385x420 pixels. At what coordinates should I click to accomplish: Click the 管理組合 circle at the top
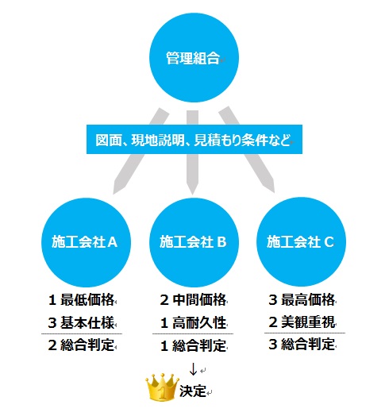(x=194, y=57)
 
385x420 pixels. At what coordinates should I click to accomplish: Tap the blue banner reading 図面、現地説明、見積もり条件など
(x=194, y=139)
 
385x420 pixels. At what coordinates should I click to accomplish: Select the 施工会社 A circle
(x=86, y=242)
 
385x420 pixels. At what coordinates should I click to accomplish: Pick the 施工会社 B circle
(x=194, y=242)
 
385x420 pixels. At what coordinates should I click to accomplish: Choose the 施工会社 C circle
(x=301, y=241)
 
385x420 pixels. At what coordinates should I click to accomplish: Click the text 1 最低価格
(x=82, y=299)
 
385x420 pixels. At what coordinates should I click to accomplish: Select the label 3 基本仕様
(x=82, y=322)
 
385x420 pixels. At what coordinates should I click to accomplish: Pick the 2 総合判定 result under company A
(x=82, y=345)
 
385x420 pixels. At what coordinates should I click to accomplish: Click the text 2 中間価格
(x=193, y=299)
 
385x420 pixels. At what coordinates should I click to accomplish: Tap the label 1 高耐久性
(x=193, y=322)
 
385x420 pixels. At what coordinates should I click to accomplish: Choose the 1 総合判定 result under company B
(x=193, y=345)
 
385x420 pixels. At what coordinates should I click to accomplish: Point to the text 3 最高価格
(x=302, y=299)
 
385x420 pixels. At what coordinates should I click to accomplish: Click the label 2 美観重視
(x=302, y=322)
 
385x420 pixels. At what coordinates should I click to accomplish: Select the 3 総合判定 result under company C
(x=302, y=345)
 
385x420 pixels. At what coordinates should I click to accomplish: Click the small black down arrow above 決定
(x=193, y=369)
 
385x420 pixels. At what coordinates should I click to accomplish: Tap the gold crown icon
(x=162, y=387)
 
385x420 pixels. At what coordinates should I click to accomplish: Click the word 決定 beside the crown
(x=192, y=391)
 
